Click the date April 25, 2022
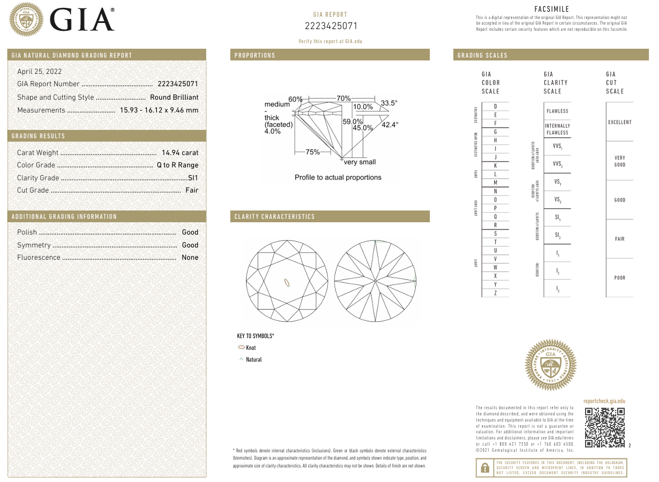pyautogui.click(x=39, y=72)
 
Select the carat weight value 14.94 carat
pyautogui.click(x=180, y=153)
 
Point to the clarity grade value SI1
pyautogui.click(x=193, y=178)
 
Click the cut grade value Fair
pyautogui.click(x=192, y=190)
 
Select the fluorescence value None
pyautogui.click(x=190, y=258)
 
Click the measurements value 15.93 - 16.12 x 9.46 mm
pyautogui.click(x=159, y=110)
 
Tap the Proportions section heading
pyautogui.click(x=255, y=55)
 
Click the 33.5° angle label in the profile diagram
pyautogui.click(x=389, y=103)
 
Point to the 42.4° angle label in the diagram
pyautogui.click(x=390, y=125)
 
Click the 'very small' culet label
pyautogui.click(x=360, y=162)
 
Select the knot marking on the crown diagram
pyautogui.click(x=287, y=282)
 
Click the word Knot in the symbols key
pyautogui.click(x=251, y=348)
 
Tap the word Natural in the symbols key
pyautogui.click(x=254, y=360)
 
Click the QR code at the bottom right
pyautogui.click(x=605, y=428)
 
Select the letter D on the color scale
pyautogui.click(x=495, y=106)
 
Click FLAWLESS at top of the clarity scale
pyautogui.click(x=557, y=111)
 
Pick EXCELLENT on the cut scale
pyautogui.click(x=619, y=122)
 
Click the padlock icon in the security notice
pyautogui.click(x=483, y=467)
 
